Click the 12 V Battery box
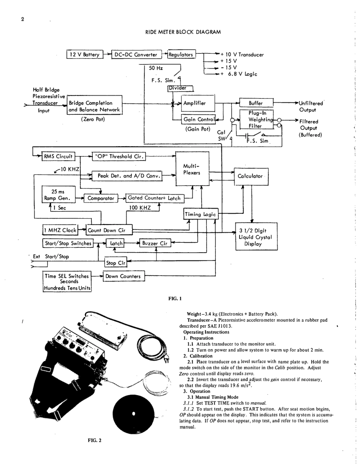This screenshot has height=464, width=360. [x=83, y=55]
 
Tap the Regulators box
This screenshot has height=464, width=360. [x=181, y=55]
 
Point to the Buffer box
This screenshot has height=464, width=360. [x=256, y=103]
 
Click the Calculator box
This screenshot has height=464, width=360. [x=250, y=176]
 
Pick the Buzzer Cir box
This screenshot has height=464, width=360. [x=154, y=243]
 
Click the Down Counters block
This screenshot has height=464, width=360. [x=122, y=276]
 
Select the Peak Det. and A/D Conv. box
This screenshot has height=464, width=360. [x=130, y=176]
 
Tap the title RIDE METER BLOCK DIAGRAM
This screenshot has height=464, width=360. [x=183, y=32]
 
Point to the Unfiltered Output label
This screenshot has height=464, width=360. [x=310, y=106]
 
